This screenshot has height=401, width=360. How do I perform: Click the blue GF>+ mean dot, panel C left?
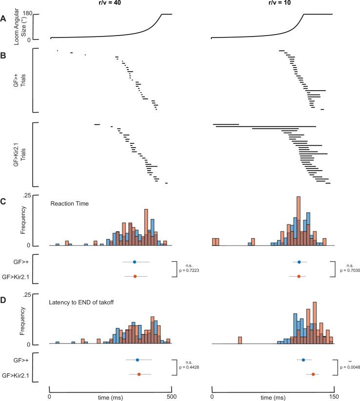pyautogui.click(x=135, y=262)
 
